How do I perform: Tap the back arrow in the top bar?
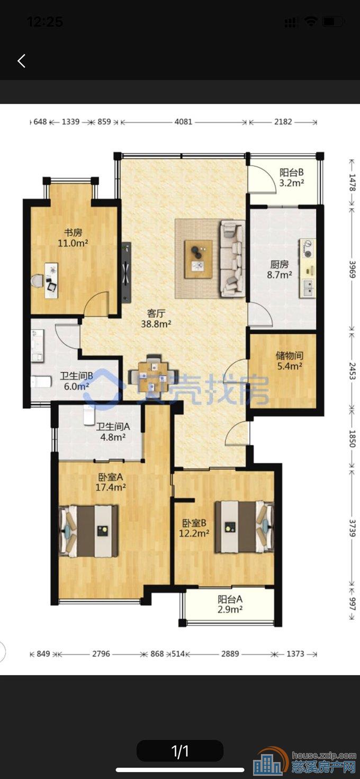point(22,61)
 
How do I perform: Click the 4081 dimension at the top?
point(183,122)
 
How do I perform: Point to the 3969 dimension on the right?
point(352,268)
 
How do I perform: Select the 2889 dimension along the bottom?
point(230,654)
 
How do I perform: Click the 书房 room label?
point(73,232)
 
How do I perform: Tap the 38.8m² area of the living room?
point(156,324)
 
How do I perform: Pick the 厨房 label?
point(280,264)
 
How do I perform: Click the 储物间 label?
point(290,355)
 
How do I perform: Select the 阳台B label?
point(292,172)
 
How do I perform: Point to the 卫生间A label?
point(113,426)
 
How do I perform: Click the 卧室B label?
point(194,523)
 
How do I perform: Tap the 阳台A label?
point(230,599)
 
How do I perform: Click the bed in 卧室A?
point(89,531)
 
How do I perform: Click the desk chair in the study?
point(37,281)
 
